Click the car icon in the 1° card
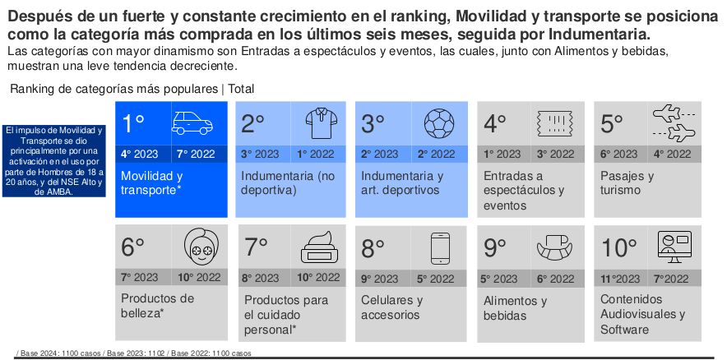tap(192, 123)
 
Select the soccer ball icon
tap(438, 123)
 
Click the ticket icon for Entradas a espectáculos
tap(554, 124)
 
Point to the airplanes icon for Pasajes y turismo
tap(674, 123)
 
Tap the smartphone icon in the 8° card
tap(441, 247)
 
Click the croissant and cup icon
tap(556, 247)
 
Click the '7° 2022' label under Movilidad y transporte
tap(197, 154)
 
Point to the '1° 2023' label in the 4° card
tap(502, 154)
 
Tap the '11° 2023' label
tap(622, 278)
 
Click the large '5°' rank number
tap(613, 123)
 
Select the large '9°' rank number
tap(496, 247)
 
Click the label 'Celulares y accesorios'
tap(391, 307)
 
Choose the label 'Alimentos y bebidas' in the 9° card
tap(515, 308)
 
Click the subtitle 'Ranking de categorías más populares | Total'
tap(132, 89)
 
